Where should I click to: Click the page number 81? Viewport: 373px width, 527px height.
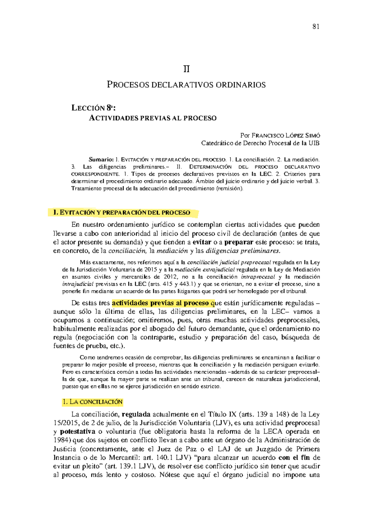(316, 27)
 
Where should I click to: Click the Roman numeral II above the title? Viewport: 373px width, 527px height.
(186, 69)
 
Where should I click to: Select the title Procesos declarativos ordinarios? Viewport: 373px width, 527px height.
(186, 85)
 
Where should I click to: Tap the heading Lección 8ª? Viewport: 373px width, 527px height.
(93, 108)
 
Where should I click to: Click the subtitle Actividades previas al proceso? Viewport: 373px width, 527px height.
(153, 118)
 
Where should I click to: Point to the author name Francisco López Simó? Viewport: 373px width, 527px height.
(286, 136)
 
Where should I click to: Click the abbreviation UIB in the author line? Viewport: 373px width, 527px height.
(314, 143)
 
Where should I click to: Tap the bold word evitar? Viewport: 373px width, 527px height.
(202, 242)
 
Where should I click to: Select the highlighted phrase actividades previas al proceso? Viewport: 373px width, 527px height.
(160, 303)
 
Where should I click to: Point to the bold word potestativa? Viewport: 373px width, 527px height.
(77, 431)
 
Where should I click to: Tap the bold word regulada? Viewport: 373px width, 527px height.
(136, 414)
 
